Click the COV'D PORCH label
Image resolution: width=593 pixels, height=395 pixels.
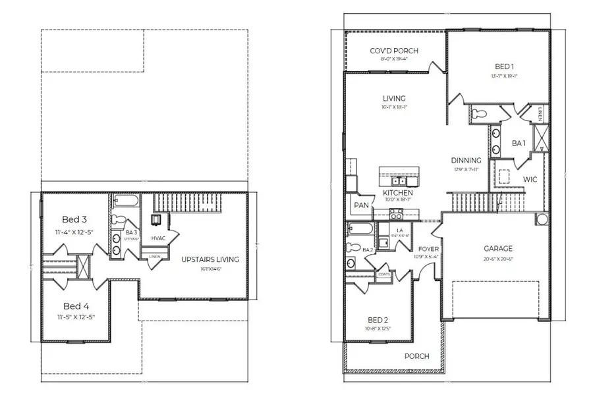(x=393, y=51)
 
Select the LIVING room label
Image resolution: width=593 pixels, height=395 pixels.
(x=394, y=99)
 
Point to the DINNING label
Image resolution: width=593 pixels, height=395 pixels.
(x=466, y=160)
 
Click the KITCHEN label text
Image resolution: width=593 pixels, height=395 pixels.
(x=398, y=192)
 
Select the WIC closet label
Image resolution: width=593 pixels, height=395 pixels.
(x=531, y=178)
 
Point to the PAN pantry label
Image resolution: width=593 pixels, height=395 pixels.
(x=360, y=205)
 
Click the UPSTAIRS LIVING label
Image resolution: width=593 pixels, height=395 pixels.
(x=210, y=259)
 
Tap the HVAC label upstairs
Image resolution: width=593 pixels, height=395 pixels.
(x=158, y=238)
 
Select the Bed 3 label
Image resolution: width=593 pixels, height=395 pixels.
(x=74, y=219)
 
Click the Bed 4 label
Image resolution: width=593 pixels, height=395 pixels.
(x=76, y=305)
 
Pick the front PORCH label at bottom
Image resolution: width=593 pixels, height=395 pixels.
(x=416, y=356)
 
